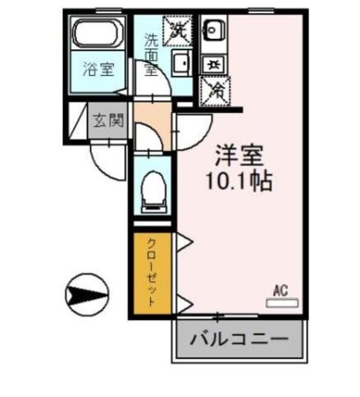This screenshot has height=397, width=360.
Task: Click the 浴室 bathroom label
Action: pyautogui.click(x=99, y=69)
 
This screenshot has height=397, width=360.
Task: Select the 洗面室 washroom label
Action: pyautogui.click(x=151, y=55)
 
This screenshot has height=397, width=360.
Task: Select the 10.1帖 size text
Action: pyautogui.click(x=239, y=182)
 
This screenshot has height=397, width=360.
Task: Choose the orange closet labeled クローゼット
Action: pyautogui.click(x=152, y=274)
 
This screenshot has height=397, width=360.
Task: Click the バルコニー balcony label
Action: pyautogui.click(x=239, y=340)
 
